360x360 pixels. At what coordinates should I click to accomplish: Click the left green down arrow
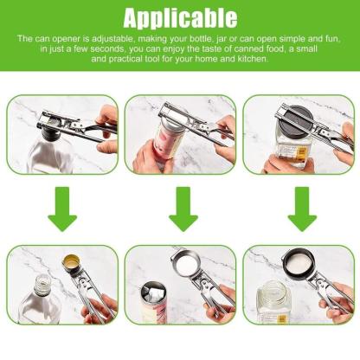pyautogui.click(x=62, y=210)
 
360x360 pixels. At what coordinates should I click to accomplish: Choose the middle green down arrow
pyautogui.click(x=183, y=210)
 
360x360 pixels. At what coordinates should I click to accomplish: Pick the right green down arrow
pyautogui.click(x=302, y=210)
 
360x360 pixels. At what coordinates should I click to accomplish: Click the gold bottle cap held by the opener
pyautogui.click(x=72, y=263)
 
